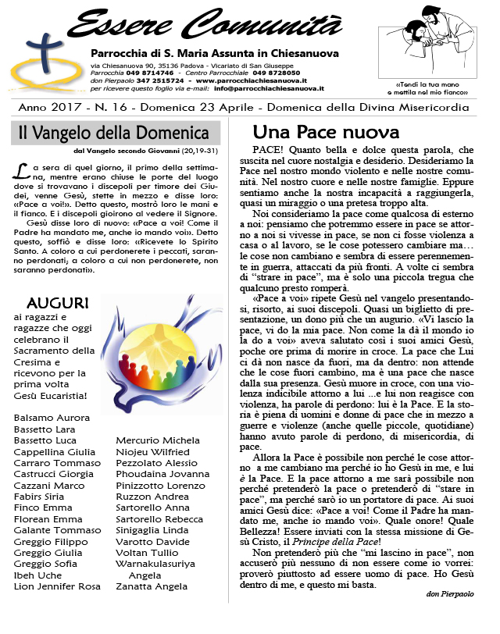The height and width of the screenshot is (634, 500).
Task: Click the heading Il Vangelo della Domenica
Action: click(x=114, y=134)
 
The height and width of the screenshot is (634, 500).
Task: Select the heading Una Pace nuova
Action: click(x=326, y=131)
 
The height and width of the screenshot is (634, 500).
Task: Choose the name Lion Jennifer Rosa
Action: click(x=57, y=586)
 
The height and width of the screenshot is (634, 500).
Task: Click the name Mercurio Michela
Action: click(x=158, y=440)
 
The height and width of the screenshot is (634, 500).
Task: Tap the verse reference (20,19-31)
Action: click(x=203, y=150)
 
